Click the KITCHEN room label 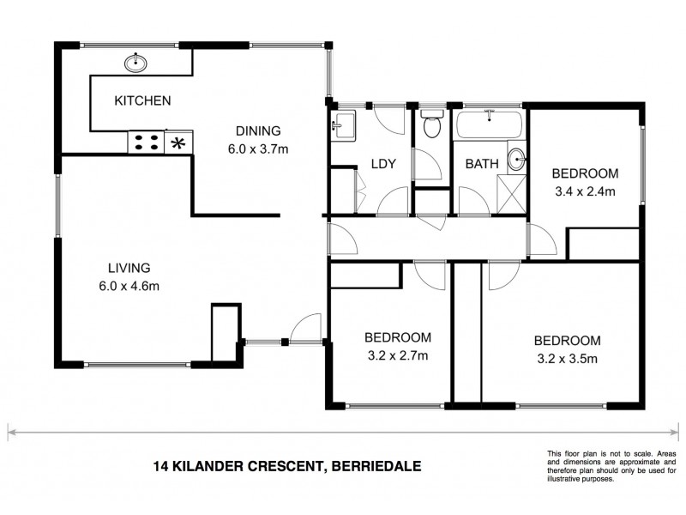[x=142, y=101]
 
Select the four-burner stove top [x=147, y=142]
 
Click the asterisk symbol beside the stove [x=179, y=142]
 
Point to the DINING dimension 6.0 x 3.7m [x=257, y=148]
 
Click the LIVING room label [x=129, y=267]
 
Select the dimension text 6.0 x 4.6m [x=129, y=286]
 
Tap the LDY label [x=382, y=164]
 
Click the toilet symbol [x=432, y=125]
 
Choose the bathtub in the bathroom [x=489, y=125]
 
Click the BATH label [x=480, y=164]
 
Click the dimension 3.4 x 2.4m [x=583, y=191]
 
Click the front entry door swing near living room [x=306, y=329]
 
